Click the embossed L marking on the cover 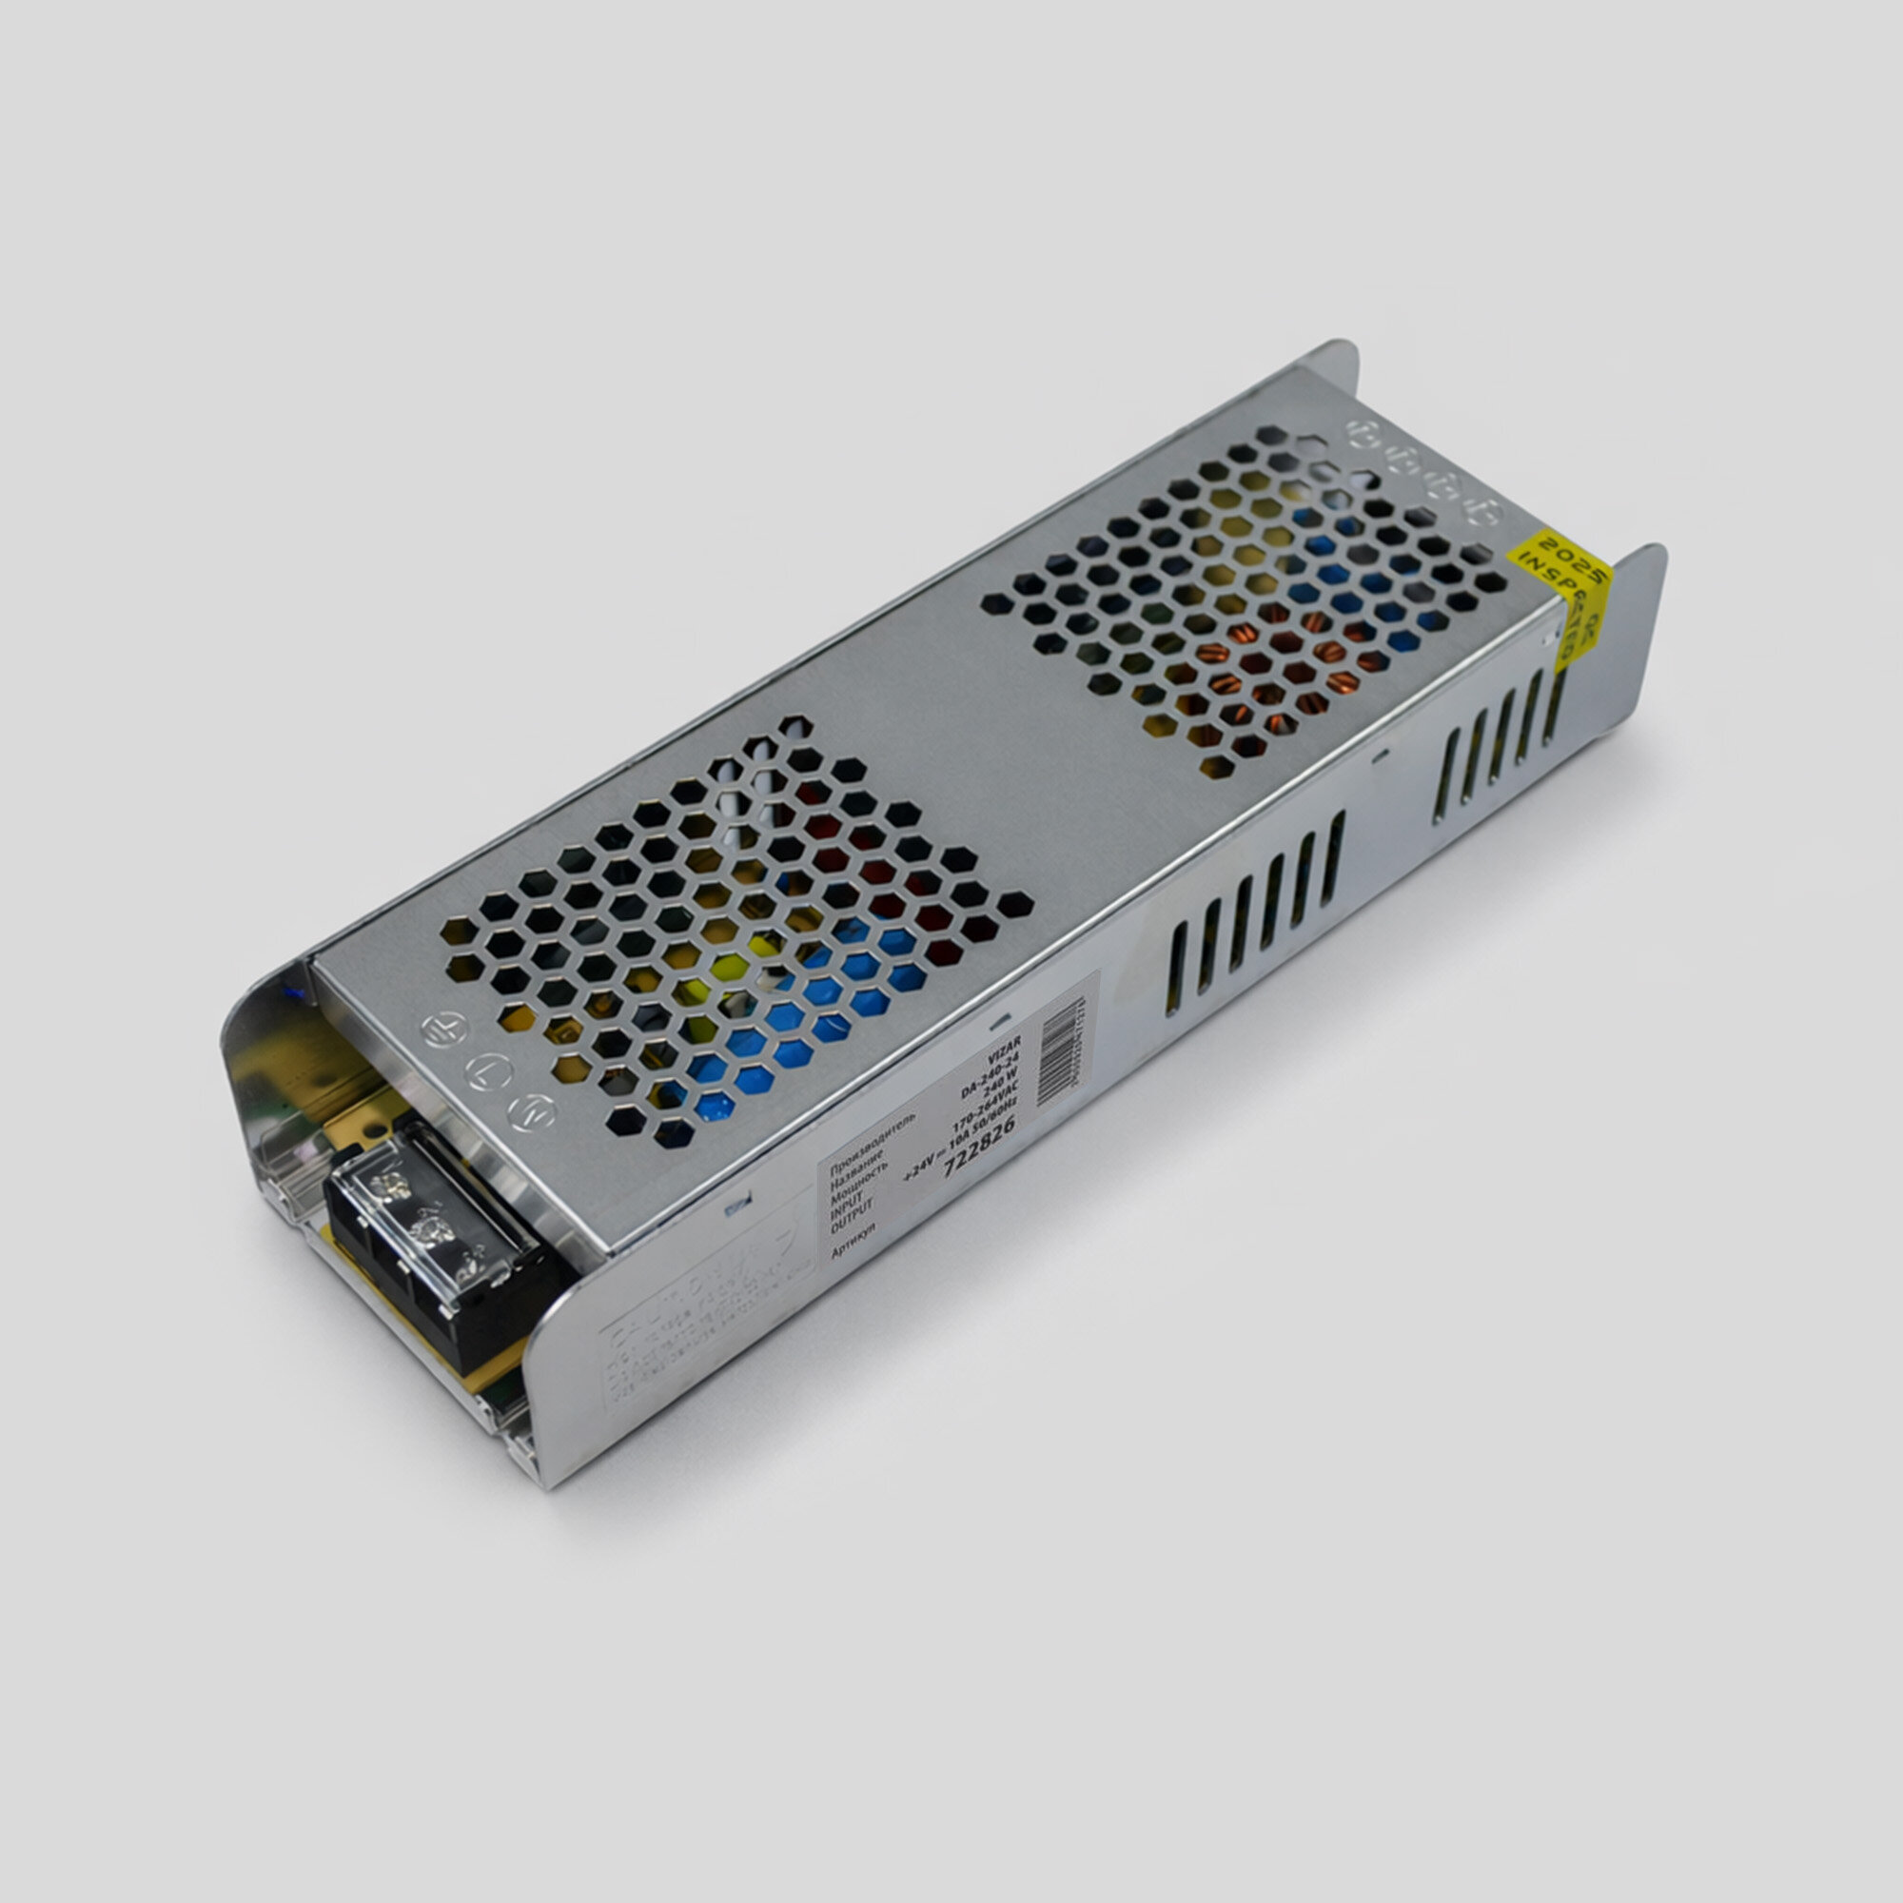[487, 1070]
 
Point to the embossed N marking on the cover [532, 1112]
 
